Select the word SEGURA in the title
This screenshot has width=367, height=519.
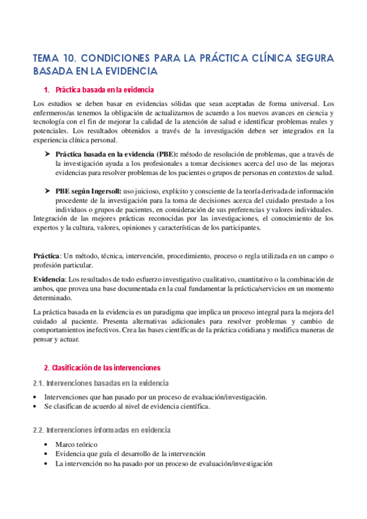coord(310,59)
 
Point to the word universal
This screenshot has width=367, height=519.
coord(302,103)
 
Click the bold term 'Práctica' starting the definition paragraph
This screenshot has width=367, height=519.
coord(46,256)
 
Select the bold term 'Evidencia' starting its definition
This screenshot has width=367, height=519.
coord(48,279)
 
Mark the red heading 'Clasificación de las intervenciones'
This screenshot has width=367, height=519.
coord(102,368)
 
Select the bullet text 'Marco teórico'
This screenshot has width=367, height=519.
coord(76,444)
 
